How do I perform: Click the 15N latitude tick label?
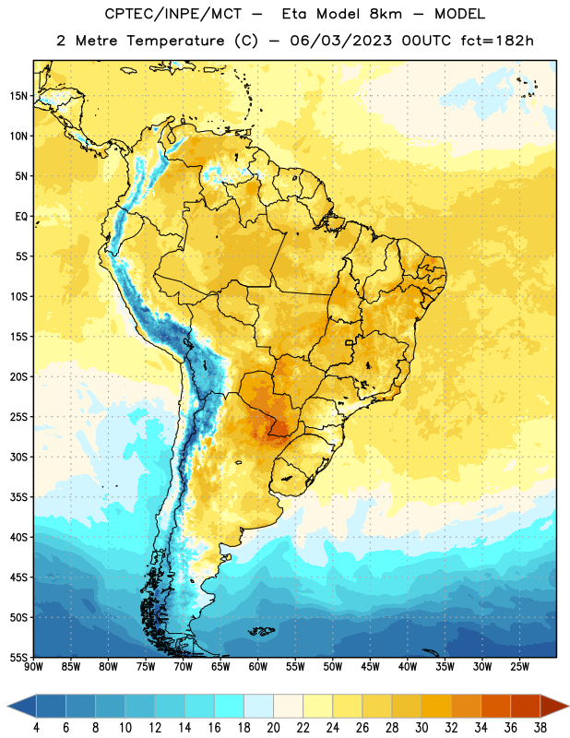18,96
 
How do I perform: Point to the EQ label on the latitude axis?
21,217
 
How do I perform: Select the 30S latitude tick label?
18,457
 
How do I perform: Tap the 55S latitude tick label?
18,657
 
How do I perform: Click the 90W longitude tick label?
33,667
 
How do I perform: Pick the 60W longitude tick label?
258,667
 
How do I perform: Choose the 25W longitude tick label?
519,667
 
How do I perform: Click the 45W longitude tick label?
370,667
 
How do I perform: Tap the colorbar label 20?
273,728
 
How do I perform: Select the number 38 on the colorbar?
540,728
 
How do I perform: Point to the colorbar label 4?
36,728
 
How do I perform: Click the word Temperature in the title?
175,41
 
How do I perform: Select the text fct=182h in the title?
497,41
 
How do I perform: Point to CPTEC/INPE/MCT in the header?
173,14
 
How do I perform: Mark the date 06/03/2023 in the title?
340,41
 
